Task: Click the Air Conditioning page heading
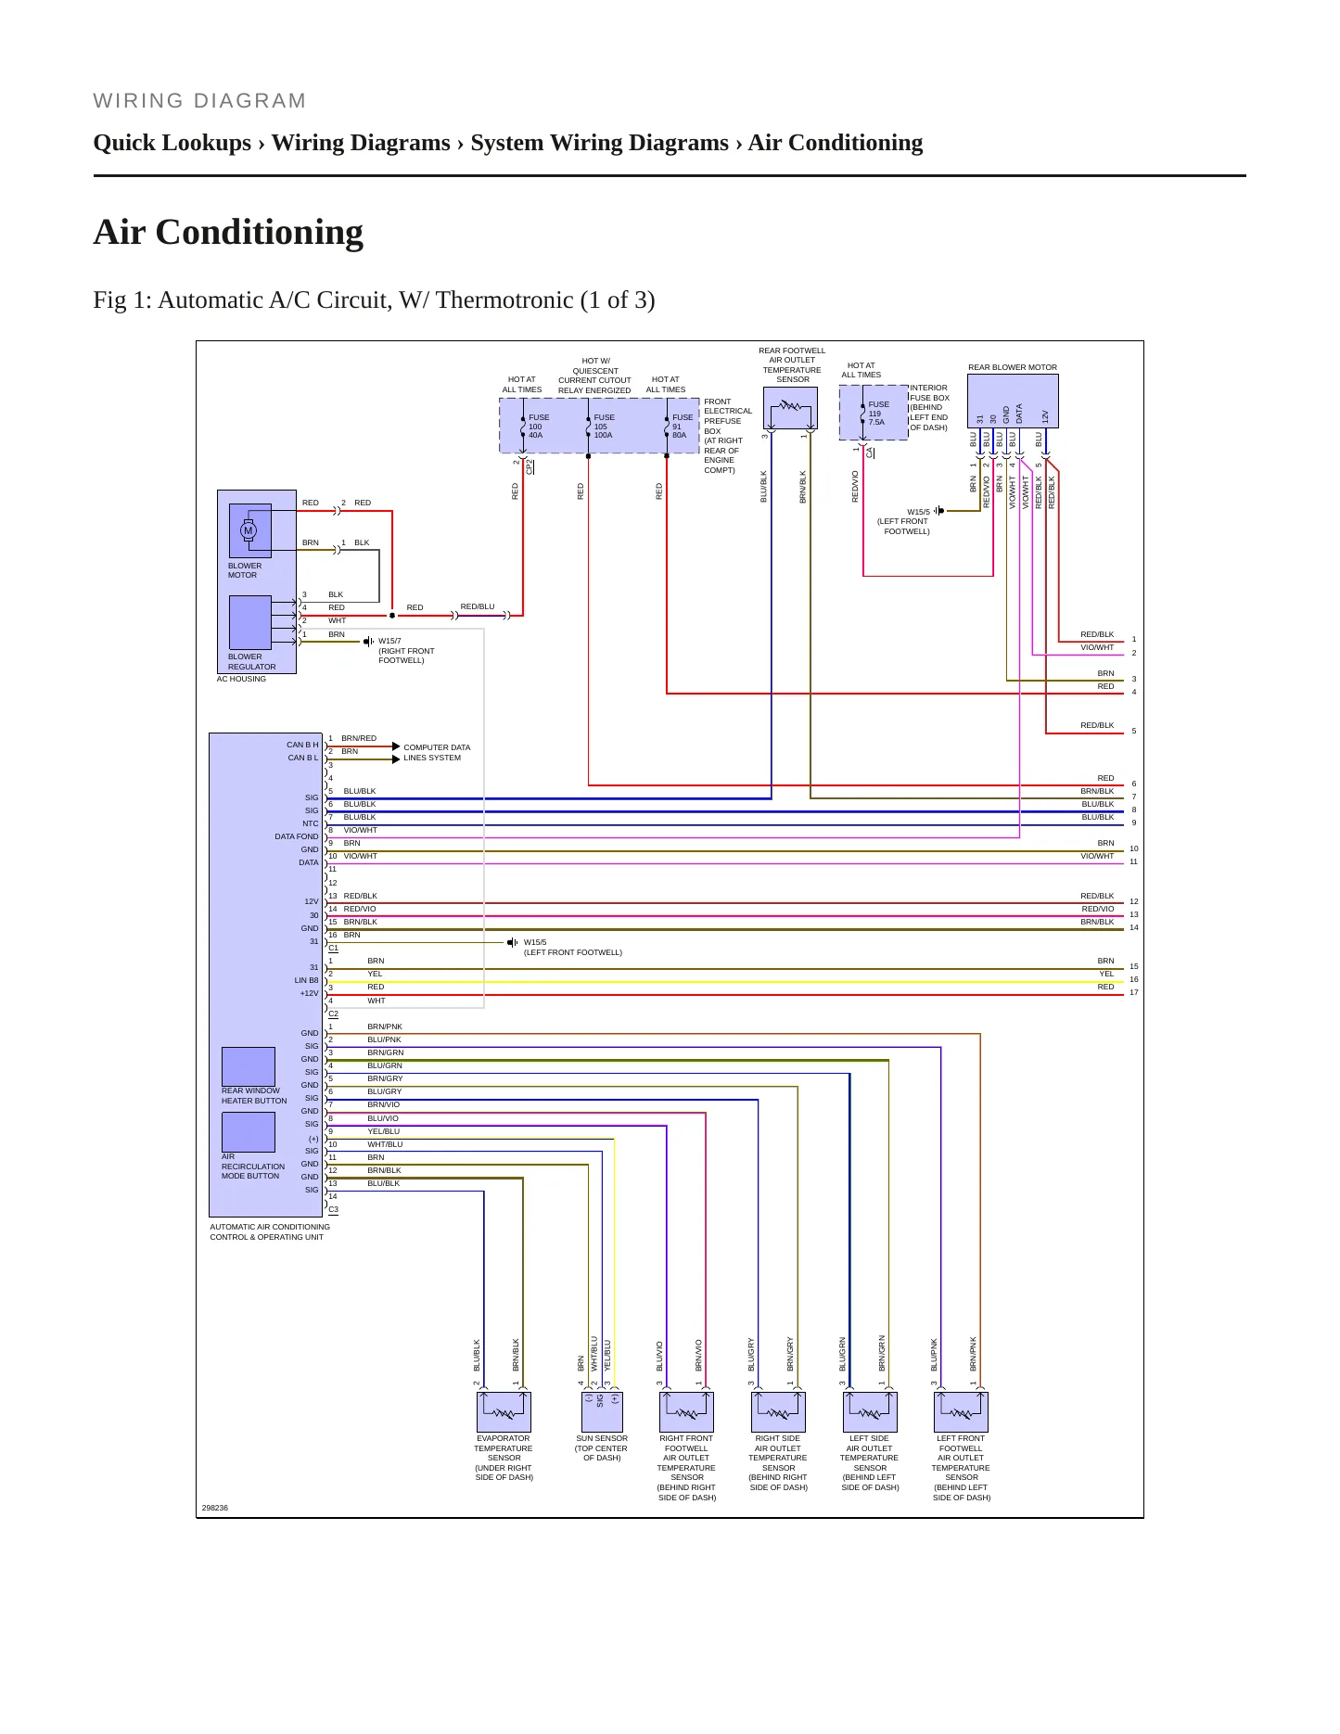click(228, 232)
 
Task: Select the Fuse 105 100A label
click(604, 426)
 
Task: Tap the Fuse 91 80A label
click(683, 426)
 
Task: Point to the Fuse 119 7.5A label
click(878, 413)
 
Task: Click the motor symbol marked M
click(249, 530)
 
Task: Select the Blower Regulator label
click(252, 661)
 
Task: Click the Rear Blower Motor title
click(1013, 367)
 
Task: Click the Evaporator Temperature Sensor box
click(504, 1412)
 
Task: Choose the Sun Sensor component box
click(601, 1412)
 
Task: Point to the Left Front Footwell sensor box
click(961, 1412)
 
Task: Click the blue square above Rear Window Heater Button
click(249, 1066)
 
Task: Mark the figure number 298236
click(214, 1508)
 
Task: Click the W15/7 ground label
click(389, 641)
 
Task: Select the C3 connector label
click(333, 1209)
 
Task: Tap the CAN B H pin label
click(302, 745)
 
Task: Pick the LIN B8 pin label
click(306, 980)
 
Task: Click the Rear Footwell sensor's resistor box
click(790, 408)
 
